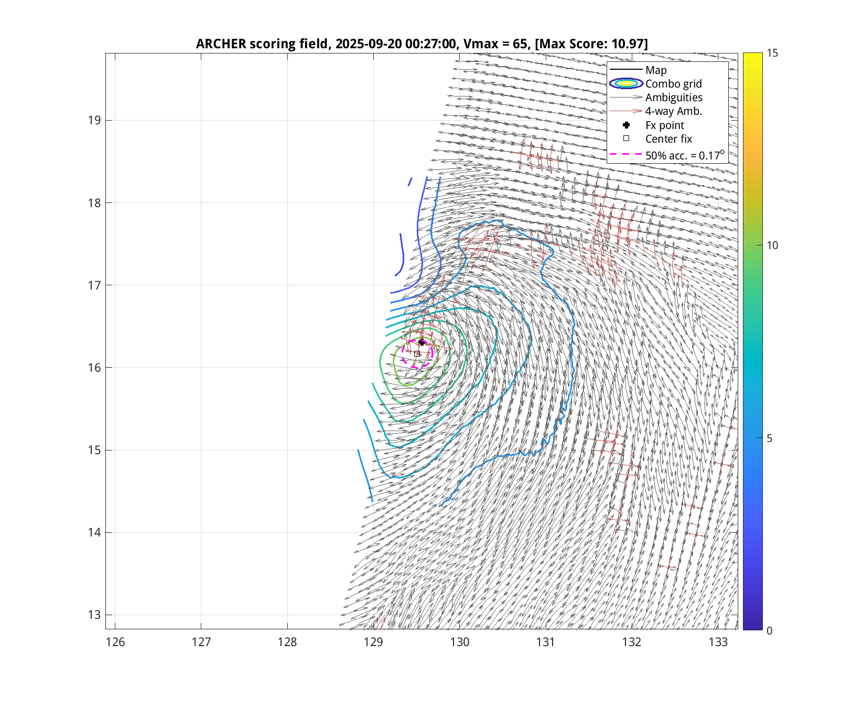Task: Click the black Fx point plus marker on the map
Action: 422,342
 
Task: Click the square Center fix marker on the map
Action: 417,354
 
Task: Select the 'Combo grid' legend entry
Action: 673,84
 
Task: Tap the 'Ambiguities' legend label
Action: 674,98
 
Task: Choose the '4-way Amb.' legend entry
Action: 673,111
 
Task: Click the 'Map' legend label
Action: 656,70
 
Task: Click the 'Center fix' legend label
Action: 668,139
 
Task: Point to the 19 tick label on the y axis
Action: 94,120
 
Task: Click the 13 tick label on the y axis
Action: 94,615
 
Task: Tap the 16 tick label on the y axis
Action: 94,368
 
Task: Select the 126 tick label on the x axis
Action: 115,642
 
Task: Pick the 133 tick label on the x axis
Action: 718,642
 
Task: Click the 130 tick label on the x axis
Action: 459,642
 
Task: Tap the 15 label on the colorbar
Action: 772,53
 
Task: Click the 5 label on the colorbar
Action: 769,438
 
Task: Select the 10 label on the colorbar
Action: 772,245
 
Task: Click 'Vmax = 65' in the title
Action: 496,44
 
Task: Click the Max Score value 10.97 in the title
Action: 628,44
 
